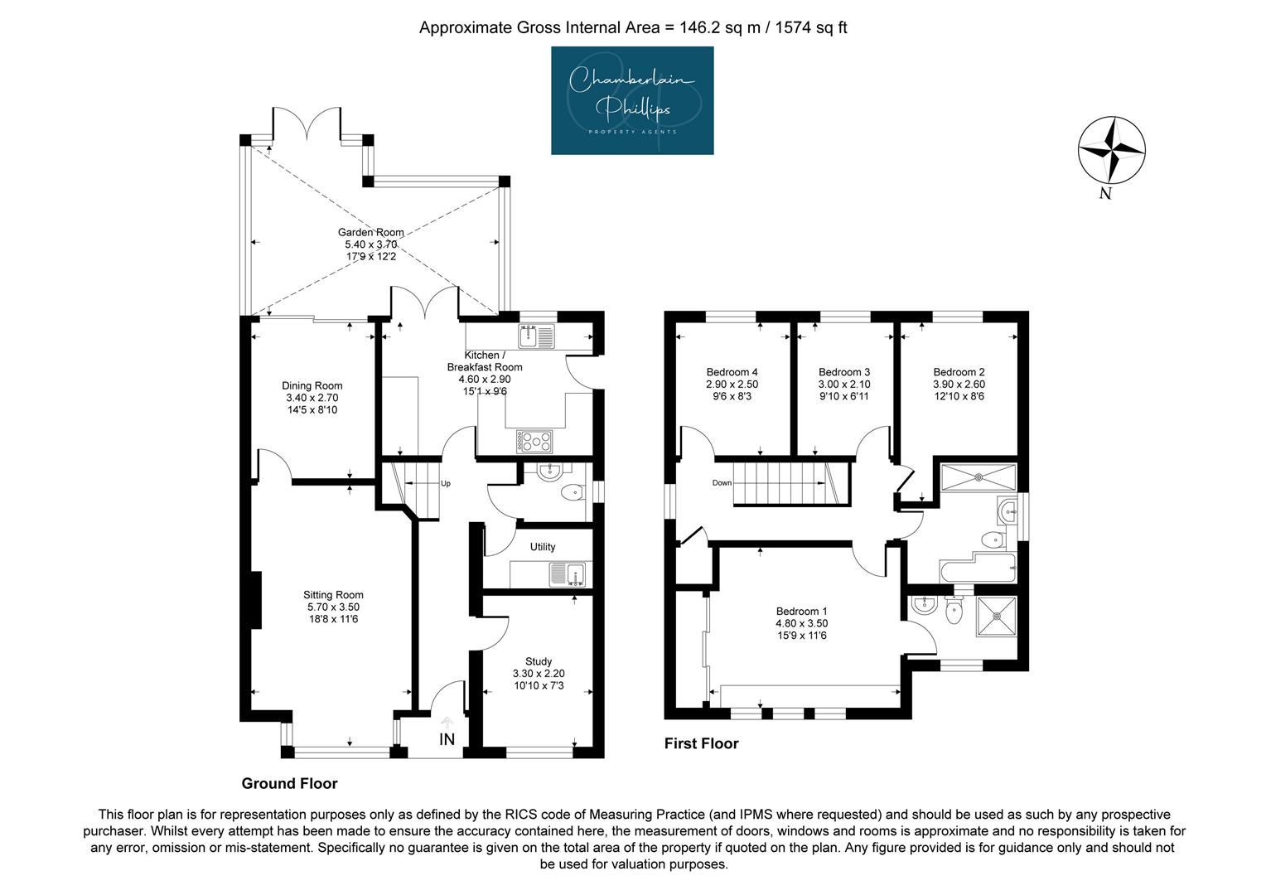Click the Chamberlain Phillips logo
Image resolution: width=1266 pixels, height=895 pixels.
[632, 100]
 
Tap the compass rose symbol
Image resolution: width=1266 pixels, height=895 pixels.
[1111, 150]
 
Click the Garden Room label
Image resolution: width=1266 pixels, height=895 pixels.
[370, 232]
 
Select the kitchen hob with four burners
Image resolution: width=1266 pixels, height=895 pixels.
[534, 441]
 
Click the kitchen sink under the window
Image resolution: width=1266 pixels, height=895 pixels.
[537, 336]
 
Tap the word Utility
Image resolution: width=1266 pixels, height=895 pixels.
[543, 547]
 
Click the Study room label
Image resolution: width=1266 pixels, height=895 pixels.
[539, 661]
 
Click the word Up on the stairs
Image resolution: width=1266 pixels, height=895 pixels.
[446, 483]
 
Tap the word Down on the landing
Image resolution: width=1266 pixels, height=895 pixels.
[722, 483]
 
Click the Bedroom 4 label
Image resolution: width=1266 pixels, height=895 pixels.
[732, 372]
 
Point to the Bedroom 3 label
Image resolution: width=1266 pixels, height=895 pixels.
[844, 372]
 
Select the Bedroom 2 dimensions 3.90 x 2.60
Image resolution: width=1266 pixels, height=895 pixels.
[959, 384]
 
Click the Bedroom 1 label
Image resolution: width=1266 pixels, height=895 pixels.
[801, 612]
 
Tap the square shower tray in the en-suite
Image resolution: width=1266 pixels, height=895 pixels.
[997, 616]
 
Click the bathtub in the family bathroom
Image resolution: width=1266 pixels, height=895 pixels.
[978, 568]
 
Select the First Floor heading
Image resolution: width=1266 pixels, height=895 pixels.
[702, 743]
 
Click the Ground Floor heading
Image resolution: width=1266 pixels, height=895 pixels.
[289, 784]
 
